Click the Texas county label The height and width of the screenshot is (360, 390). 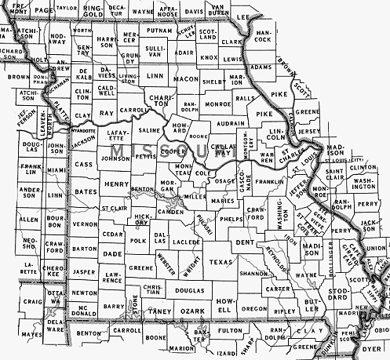tap(222, 261)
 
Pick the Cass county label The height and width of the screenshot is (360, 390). tap(83, 165)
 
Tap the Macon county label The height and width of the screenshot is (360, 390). tap(186, 78)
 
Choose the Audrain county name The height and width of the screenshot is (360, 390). tap(229, 123)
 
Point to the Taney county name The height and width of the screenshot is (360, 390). tap(159, 311)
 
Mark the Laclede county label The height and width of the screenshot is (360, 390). tap(186, 244)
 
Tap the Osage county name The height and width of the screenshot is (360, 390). tap(224, 180)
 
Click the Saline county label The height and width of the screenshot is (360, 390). tap(148, 130)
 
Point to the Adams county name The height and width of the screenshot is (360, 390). tap(260, 67)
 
